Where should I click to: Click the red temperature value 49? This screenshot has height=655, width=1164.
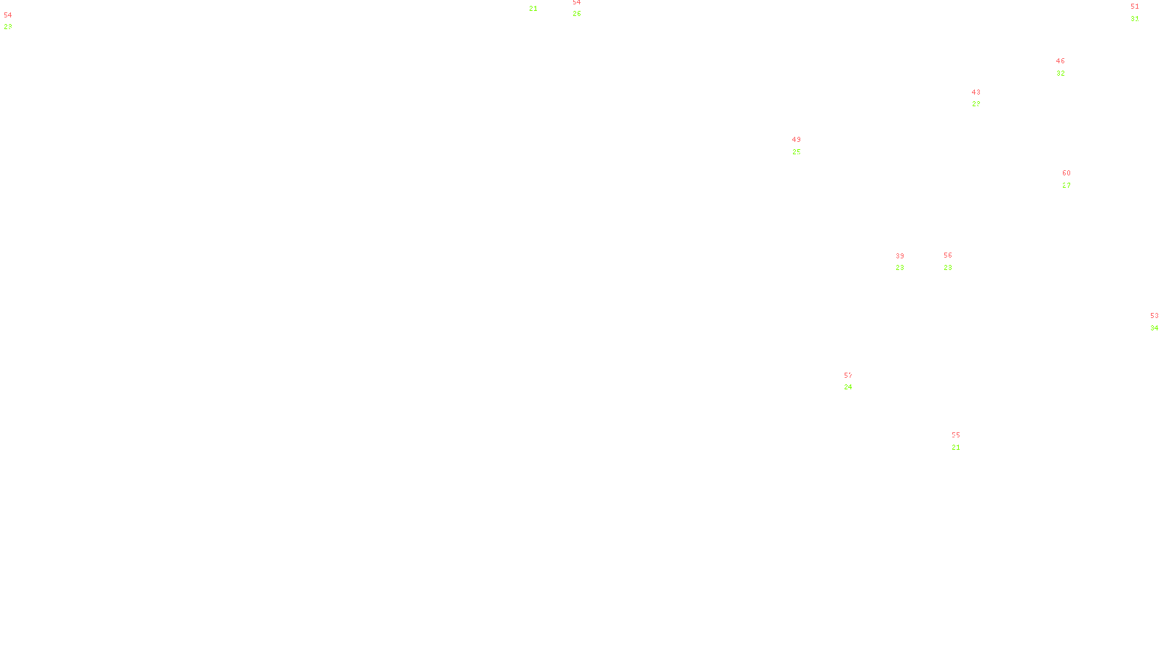coord(796,140)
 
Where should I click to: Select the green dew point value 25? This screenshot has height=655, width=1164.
coord(796,152)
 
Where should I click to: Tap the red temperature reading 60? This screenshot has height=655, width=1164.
coord(1066,173)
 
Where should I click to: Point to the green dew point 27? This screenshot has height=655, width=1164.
coord(1066,186)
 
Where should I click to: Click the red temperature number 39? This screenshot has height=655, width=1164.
coord(900,256)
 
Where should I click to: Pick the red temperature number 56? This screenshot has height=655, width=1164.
coord(947,255)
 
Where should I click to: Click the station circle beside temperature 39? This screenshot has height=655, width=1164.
coord(906,262)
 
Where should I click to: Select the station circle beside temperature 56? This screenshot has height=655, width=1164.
coord(954,261)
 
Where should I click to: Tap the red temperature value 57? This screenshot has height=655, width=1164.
coord(848,376)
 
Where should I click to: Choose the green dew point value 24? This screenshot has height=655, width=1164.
coord(848,387)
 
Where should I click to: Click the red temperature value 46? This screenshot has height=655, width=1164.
coord(1060,61)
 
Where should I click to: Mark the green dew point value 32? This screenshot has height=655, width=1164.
coord(1060,74)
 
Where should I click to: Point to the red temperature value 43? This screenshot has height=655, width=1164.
coord(976,92)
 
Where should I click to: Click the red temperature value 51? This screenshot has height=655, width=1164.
coord(1134,7)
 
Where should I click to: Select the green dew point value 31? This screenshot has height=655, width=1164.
coord(1134,19)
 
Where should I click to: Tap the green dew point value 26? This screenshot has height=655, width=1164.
coord(576,14)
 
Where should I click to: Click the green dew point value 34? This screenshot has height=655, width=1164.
coord(1154,328)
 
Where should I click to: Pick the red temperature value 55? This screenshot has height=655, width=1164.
coord(955,435)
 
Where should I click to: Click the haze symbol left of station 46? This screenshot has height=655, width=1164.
coord(1061,68)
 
